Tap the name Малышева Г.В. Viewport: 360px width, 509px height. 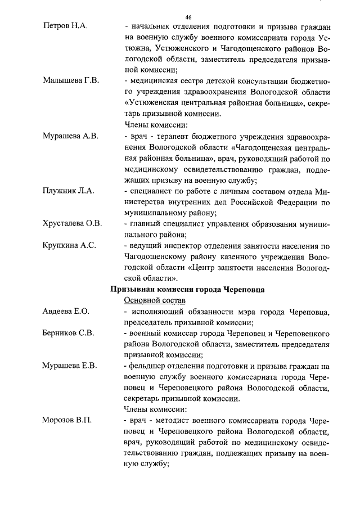(71, 80)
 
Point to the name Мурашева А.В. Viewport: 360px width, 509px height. (71, 136)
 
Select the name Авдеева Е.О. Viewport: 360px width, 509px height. (66, 311)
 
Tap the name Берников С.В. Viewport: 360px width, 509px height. (69, 333)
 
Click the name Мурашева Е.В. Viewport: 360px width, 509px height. (70, 366)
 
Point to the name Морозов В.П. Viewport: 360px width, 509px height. (67, 421)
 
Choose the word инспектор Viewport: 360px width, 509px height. (182, 245)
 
